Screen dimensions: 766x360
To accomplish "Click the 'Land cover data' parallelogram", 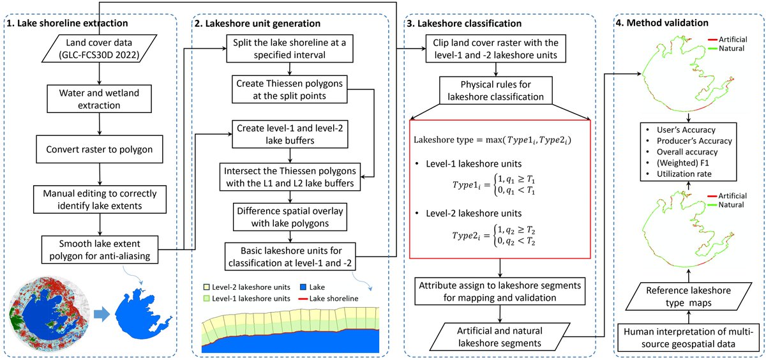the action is [x=99, y=49].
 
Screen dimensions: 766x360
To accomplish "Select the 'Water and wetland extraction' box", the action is [x=99, y=99].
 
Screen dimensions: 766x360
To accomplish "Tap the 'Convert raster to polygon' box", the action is [x=100, y=149].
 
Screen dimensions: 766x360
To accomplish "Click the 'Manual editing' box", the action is [x=100, y=200].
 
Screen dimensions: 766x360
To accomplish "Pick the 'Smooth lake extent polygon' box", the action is [x=100, y=250].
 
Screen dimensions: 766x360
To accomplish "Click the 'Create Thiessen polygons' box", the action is [x=290, y=89].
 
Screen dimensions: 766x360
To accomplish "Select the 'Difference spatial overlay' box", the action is [x=290, y=217].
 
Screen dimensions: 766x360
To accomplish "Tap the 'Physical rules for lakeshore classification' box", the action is [x=496, y=90].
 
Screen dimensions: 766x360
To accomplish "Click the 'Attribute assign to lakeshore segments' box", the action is [x=500, y=291].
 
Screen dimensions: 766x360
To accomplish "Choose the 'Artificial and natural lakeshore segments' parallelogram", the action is [x=500, y=337].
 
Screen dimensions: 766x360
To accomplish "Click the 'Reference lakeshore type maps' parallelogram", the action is [x=688, y=296].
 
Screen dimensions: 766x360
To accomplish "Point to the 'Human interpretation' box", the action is [x=688, y=338].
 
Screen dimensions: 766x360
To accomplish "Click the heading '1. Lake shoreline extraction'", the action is [x=68, y=23].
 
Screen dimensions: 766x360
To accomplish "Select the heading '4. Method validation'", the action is [x=662, y=23].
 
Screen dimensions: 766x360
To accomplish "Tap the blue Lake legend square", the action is [x=303, y=287].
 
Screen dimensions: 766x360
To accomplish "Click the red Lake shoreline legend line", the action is [x=303, y=299].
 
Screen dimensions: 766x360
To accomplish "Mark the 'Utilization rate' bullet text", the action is [x=684, y=174].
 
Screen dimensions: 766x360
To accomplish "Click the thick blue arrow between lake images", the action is [x=101, y=314].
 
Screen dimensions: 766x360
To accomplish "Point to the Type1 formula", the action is [x=494, y=184].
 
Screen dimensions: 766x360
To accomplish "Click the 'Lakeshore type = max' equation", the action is [x=492, y=140].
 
